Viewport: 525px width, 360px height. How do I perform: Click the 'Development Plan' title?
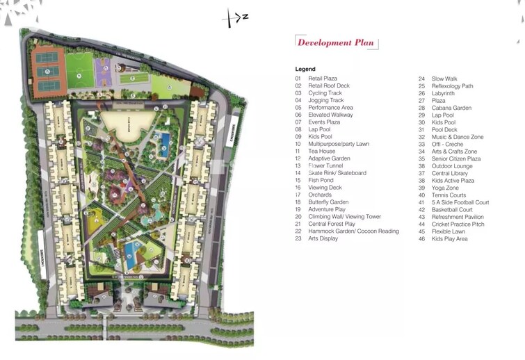pyautogui.click(x=335, y=42)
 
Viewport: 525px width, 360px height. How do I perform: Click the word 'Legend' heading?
pyautogui.click(x=305, y=69)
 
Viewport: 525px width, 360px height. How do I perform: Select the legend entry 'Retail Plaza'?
pyautogui.click(x=323, y=79)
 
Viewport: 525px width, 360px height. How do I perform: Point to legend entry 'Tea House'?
pyautogui.click(x=321, y=152)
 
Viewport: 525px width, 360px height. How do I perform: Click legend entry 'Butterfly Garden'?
pyautogui.click(x=328, y=202)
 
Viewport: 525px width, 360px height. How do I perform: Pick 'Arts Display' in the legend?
pyautogui.click(x=323, y=238)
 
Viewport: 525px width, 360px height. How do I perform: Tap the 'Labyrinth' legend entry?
pyautogui.click(x=443, y=93)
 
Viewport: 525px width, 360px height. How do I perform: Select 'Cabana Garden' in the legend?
pyautogui.click(x=451, y=108)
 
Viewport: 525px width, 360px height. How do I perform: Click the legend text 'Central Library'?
pyautogui.click(x=449, y=173)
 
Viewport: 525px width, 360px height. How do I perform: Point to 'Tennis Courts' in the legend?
pyautogui.click(x=449, y=195)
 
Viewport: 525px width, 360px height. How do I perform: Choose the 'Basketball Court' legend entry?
pyautogui.click(x=452, y=210)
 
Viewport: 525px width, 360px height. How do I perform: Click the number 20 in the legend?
pyautogui.click(x=298, y=217)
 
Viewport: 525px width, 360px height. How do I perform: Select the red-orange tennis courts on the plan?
pyautogui.click(x=49, y=72)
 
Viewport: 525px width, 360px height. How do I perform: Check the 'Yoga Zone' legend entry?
pyautogui.click(x=445, y=188)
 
